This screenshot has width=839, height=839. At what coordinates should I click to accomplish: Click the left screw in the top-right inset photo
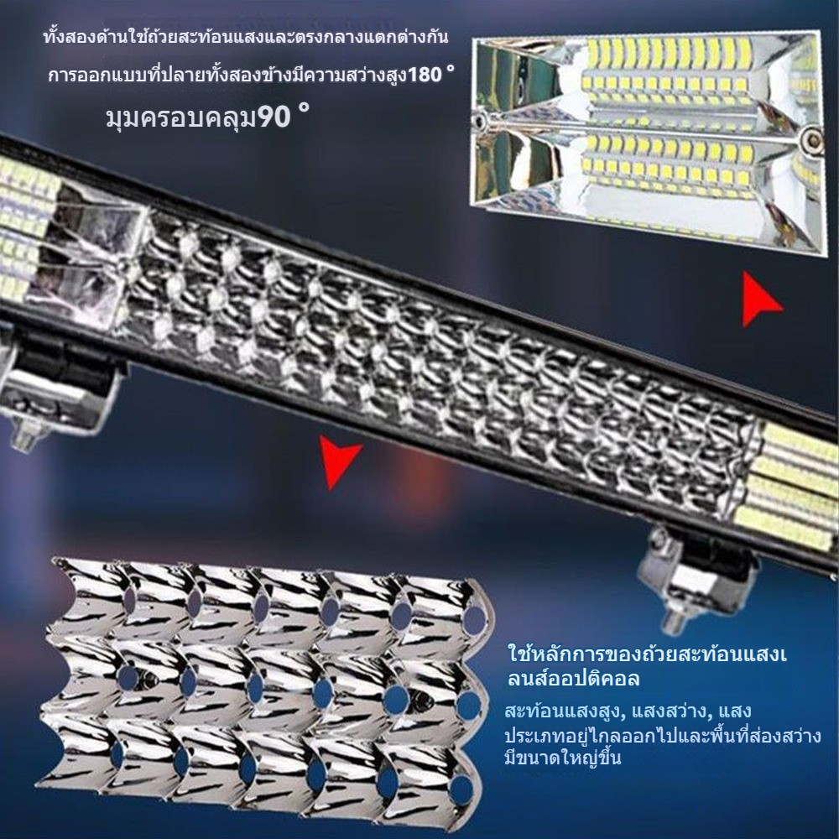coord(480,120)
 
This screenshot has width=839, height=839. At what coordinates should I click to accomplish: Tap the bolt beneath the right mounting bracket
coord(675,621)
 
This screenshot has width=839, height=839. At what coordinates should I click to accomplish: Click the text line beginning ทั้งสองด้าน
coord(246,38)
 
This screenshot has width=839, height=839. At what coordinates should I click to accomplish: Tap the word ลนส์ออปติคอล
coord(573,679)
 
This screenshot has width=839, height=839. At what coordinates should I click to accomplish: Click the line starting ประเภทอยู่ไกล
coord(663,735)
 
